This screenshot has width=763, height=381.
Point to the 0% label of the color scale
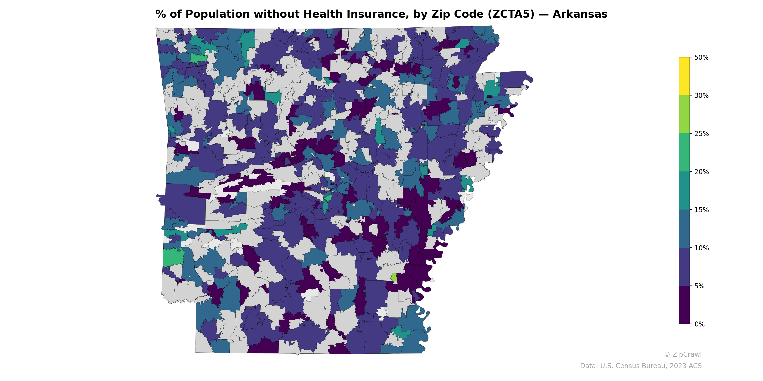pos(699,324)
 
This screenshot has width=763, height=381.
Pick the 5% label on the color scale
pos(699,286)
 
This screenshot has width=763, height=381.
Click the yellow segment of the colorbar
pos(684,76)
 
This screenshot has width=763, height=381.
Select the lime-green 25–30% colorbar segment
pos(684,115)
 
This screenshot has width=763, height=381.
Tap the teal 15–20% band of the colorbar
pos(684,191)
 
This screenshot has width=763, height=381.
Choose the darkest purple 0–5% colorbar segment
pos(684,305)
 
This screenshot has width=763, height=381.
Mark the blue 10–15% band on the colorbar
pos(684,229)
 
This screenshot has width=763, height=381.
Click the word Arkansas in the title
pos(580,14)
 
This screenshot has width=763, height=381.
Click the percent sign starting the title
pos(160,14)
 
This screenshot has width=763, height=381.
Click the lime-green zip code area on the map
pos(394,277)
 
